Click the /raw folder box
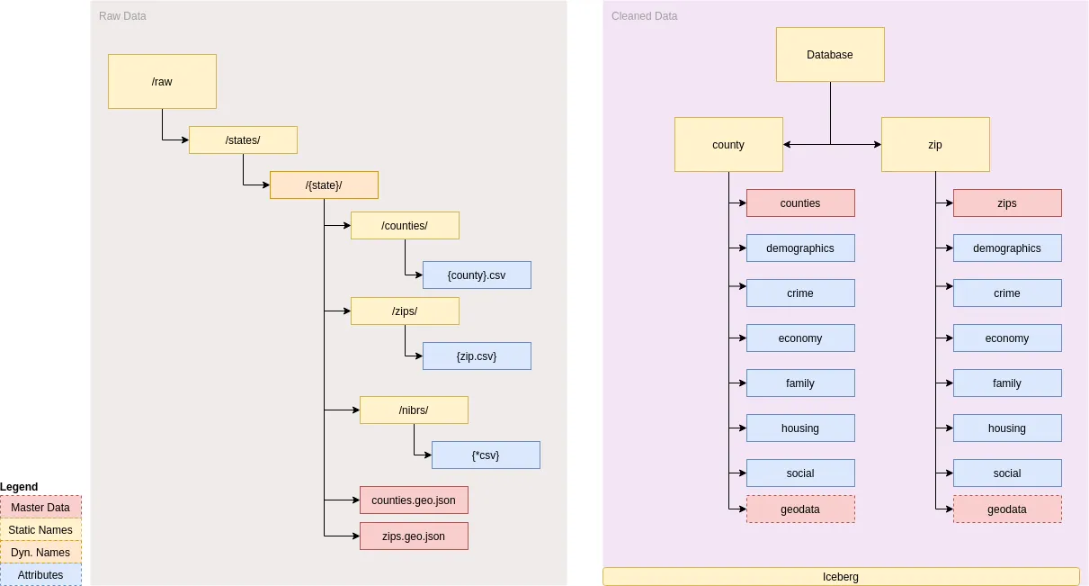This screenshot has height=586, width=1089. [x=162, y=82]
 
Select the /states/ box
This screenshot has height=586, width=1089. [x=243, y=140]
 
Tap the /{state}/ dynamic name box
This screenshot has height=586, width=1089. [x=324, y=185]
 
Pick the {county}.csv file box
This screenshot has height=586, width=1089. [x=477, y=275]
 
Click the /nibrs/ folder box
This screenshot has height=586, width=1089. [x=414, y=410]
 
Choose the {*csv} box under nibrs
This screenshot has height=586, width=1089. [x=486, y=455]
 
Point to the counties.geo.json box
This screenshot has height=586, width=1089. [x=414, y=500]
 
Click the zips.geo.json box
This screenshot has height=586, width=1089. [x=414, y=536]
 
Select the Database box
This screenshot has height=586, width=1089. [x=830, y=55]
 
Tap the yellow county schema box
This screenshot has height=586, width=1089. [x=728, y=145]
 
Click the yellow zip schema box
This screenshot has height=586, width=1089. [x=935, y=145]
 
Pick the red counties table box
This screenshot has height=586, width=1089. [x=800, y=203]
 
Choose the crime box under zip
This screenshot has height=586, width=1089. [x=1007, y=293]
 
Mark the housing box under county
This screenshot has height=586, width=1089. [x=800, y=428]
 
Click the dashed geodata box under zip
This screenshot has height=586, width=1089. [x=1007, y=509]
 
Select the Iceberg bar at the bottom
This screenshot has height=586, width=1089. [x=841, y=577]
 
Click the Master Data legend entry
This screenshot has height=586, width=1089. [x=40, y=508]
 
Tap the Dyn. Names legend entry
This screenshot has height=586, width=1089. [x=40, y=553]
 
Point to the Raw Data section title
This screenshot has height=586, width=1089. [x=122, y=16]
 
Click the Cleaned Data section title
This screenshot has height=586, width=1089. [x=645, y=16]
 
